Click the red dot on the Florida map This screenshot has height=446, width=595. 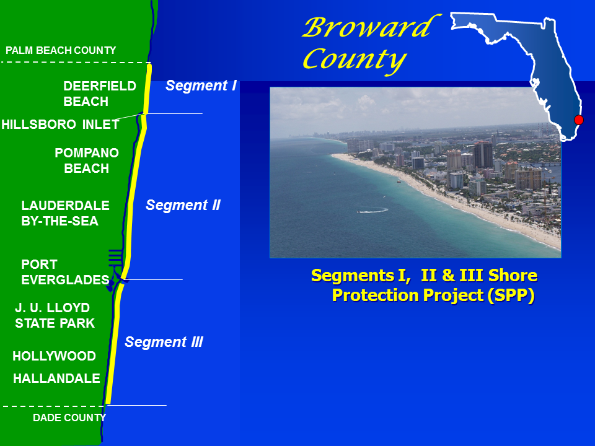579,120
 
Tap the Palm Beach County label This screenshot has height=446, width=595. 61,50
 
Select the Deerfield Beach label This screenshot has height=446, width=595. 99,94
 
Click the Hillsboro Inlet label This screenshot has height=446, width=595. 60,125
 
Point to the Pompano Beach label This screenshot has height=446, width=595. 87,160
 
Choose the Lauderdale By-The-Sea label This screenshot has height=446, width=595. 65,213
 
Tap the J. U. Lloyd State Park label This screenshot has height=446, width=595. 55,315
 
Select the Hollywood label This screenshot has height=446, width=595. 55,356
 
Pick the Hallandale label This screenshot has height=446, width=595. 56,378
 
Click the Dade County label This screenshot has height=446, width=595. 69,418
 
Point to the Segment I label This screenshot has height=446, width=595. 201,86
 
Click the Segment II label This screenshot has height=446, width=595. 183,205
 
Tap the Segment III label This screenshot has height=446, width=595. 164,342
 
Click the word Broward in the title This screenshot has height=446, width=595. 368,28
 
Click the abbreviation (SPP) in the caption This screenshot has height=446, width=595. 510,295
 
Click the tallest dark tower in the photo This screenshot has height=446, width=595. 483,155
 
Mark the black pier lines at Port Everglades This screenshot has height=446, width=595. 115,256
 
